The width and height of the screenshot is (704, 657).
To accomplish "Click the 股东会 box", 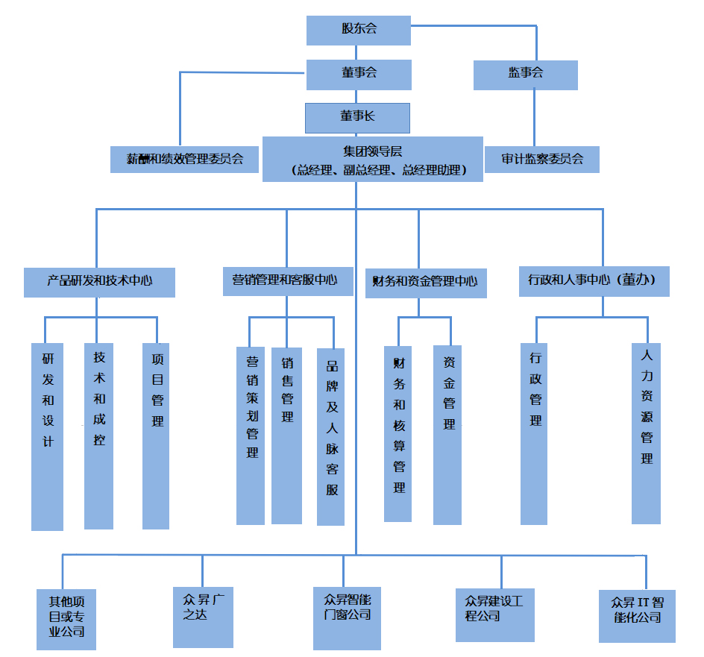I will [359, 29].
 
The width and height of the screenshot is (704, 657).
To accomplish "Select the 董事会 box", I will [359, 73].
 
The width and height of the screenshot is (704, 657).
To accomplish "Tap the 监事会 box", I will [526, 73].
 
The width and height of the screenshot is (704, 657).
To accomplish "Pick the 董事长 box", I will [357, 116].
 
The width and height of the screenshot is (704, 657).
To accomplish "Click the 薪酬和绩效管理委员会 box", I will [185, 159].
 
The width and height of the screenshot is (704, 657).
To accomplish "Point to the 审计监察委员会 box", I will [541, 159].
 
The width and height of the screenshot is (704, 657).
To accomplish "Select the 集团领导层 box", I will [372, 159].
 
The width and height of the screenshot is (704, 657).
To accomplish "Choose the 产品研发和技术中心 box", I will [99, 282].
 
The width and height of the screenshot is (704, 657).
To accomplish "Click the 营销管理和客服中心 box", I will [287, 281].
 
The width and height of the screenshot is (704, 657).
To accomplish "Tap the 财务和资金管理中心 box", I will [425, 283].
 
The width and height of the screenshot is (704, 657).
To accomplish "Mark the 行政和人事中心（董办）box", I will [594, 281].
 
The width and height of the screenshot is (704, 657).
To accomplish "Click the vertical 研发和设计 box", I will [47, 436].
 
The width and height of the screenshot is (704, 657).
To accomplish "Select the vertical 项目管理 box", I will [156, 436].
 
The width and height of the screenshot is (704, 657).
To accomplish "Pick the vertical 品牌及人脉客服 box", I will [331, 436].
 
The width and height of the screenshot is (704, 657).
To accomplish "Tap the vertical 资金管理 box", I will [447, 434].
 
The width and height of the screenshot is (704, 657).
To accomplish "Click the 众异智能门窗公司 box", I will [347, 618].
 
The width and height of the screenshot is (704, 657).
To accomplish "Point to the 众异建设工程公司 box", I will [494, 614].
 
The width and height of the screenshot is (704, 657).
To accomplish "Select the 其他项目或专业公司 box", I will [66, 619].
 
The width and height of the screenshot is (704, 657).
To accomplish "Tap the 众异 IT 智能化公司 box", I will [636, 616].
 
